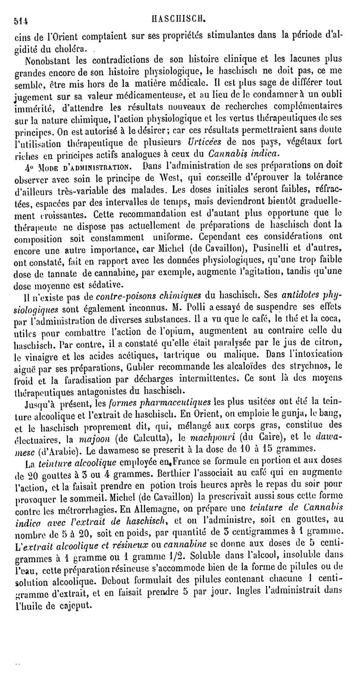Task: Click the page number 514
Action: pos(21,20)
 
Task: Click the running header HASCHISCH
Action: pos(180,19)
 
